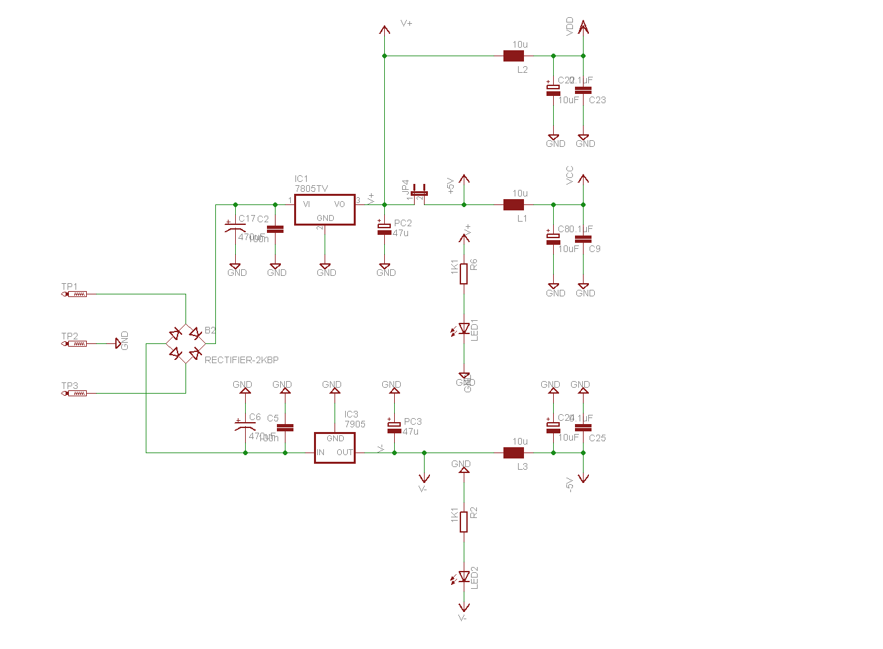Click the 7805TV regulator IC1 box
(x=325, y=210)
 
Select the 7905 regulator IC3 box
(x=335, y=448)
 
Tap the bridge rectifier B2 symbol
(x=185, y=343)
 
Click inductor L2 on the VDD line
(x=513, y=56)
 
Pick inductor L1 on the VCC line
(x=513, y=204)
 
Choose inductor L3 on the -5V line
(x=513, y=453)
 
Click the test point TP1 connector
(x=76, y=294)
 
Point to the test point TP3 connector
(x=76, y=393)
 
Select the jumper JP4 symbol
(x=419, y=193)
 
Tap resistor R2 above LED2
(x=464, y=522)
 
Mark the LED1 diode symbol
(x=464, y=329)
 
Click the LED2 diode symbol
(x=464, y=578)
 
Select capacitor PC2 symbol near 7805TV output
(x=384, y=229)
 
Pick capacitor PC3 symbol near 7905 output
(x=394, y=427)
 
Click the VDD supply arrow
(x=583, y=27)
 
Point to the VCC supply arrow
(x=583, y=179)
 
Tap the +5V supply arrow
(x=464, y=179)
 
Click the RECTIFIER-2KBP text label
(x=242, y=360)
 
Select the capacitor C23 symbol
(x=583, y=90)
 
